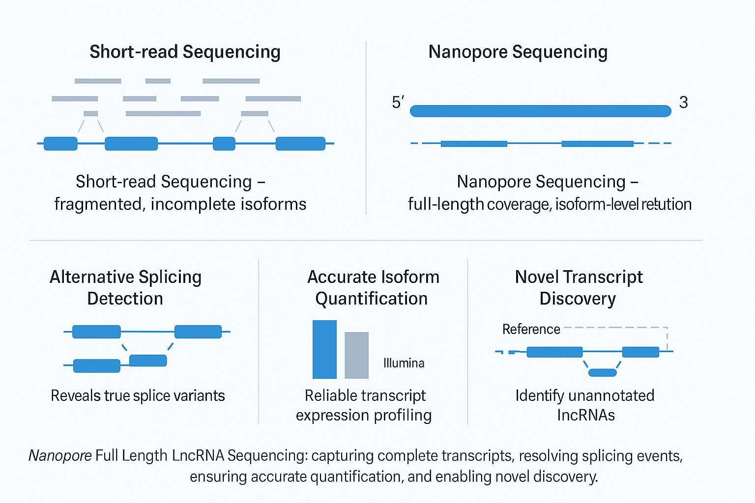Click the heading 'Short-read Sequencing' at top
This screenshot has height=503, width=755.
185,52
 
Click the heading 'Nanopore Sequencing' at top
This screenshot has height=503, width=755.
518,52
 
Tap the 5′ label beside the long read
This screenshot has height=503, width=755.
398,102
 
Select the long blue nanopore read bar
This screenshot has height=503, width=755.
540,111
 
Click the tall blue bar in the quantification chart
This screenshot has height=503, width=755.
324,349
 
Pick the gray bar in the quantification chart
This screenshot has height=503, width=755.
356,355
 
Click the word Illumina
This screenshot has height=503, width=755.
404,363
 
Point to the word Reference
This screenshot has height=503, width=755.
531,329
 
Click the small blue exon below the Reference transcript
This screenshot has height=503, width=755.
602,372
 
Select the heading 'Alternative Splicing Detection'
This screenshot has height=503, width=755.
125,288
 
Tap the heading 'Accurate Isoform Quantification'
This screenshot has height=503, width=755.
373,288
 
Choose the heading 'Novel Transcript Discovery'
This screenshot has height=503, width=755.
579,288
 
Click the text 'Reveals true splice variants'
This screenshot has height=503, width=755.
138,396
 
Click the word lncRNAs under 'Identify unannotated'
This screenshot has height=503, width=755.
585,416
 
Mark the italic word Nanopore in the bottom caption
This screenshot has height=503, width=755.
60,456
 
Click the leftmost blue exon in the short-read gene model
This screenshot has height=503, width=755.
60,143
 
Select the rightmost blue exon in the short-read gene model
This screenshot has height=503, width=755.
300,143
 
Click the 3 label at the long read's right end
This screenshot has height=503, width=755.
683,102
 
